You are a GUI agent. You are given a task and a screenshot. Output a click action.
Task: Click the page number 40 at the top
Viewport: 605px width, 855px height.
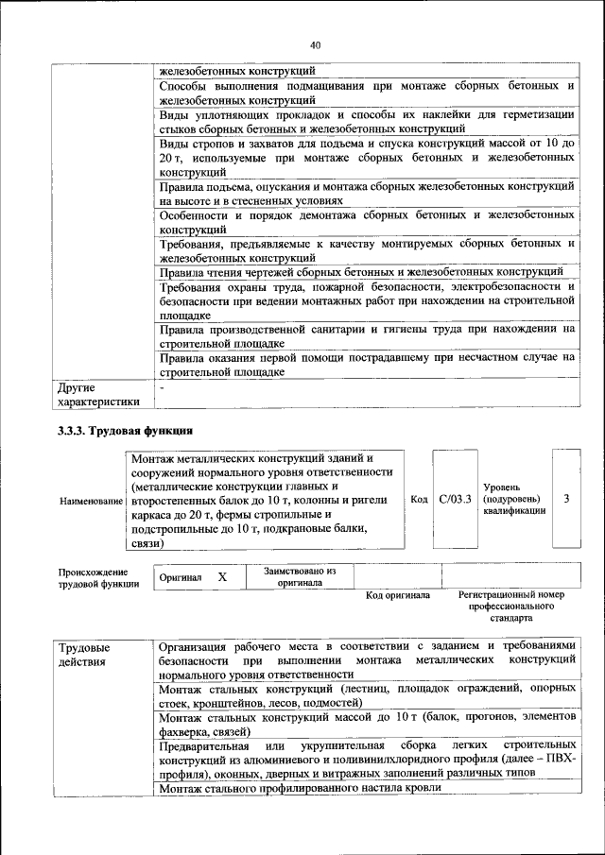[315, 44]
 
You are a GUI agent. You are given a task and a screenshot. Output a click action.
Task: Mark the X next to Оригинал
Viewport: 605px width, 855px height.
[223, 576]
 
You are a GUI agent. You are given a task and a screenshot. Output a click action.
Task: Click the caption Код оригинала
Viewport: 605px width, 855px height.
[398, 595]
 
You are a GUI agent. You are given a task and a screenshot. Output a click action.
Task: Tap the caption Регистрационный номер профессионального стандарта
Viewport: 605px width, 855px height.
[510, 607]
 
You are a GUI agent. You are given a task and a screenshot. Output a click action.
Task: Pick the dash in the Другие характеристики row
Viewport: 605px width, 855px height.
[163, 387]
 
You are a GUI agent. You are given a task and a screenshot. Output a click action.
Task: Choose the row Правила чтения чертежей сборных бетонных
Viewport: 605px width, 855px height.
[361, 273]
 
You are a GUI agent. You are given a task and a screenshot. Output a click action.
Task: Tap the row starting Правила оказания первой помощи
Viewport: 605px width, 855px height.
[367, 365]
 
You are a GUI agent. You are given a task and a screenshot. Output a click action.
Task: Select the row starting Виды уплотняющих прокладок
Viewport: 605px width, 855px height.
[367, 121]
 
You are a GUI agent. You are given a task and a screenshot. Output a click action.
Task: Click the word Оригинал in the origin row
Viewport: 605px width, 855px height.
[181, 577]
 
